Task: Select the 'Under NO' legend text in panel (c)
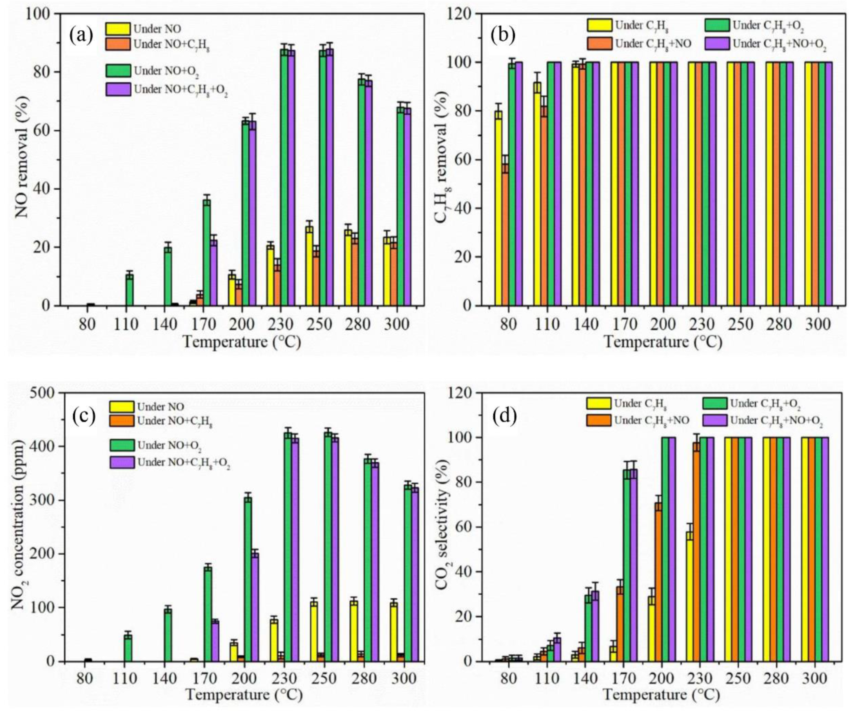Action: pos(160,407)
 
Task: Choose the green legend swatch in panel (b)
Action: pos(716,25)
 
